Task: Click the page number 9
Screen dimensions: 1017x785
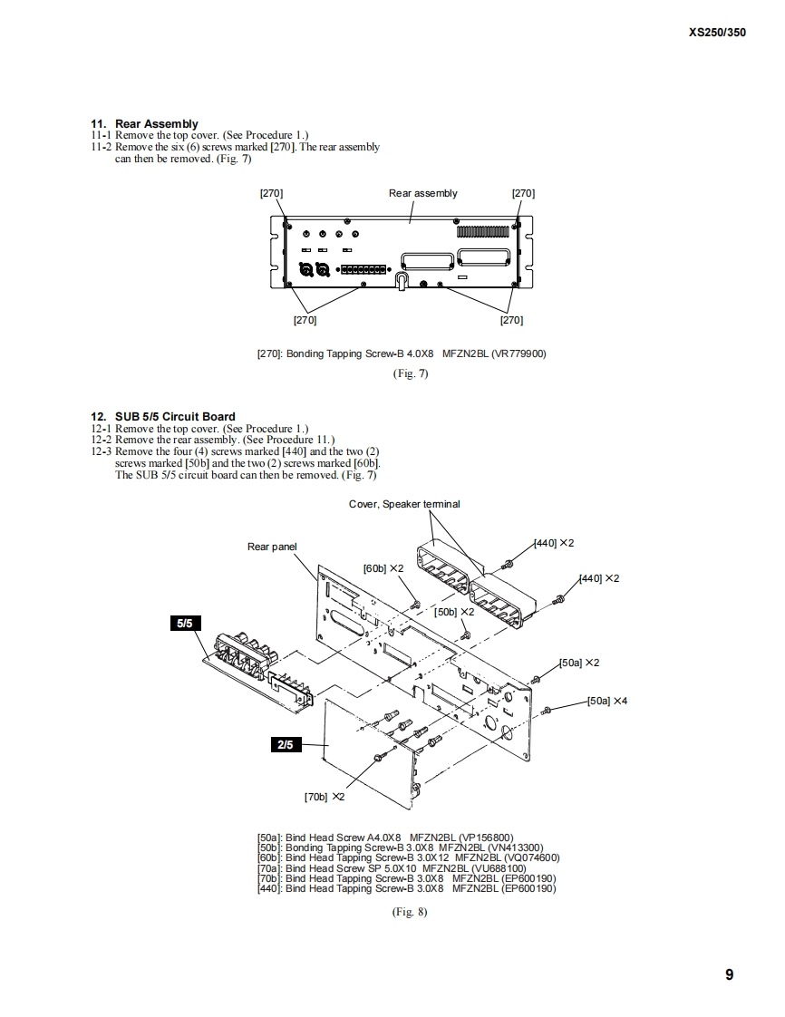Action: coord(729,975)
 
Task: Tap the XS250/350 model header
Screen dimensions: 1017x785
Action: coord(717,31)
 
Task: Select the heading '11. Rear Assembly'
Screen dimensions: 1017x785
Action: coord(144,123)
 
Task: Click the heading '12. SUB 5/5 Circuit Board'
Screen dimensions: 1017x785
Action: coord(163,417)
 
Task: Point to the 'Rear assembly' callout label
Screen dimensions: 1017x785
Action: coord(422,193)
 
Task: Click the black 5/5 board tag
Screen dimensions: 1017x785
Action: coord(184,624)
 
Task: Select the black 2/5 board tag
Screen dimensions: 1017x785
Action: coord(285,745)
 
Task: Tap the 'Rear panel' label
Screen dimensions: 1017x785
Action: coord(272,547)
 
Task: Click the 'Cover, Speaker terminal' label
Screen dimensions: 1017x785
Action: coord(404,504)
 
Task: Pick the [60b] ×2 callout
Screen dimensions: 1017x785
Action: coord(383,568)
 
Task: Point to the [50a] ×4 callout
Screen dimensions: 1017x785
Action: coord(607,701)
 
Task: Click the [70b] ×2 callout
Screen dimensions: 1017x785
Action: coord(324,797)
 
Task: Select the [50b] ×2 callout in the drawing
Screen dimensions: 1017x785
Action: coord(454,612)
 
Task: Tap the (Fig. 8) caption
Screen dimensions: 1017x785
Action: coord(410,912)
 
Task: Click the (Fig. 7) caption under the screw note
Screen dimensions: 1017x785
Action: coord(410,373)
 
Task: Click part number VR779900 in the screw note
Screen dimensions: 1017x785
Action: coord(518,354)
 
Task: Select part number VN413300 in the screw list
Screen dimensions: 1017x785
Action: coord(515,847)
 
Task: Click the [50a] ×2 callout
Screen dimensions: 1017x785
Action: coord(579,663)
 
